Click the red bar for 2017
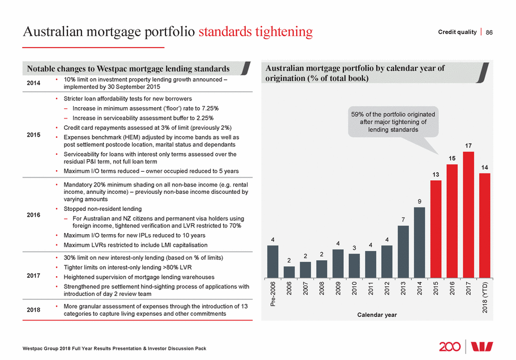pyautogui.click(x=468, y=215)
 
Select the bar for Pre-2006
pyautogui.click(x=272, y=261)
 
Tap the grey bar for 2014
pyautogui.click(x=419, y=243)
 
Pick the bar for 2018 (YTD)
pyautogui.click(x=484, y=226)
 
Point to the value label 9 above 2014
pyautogui.click(x=419, y=200)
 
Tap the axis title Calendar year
pyautogui.click(x=376, y=315)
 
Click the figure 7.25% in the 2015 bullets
pyautogui.click(x=208, y=108)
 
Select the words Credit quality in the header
pyautogui.click(x=457, y=32)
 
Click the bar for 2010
pyautogui.click(x=354, y=265)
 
